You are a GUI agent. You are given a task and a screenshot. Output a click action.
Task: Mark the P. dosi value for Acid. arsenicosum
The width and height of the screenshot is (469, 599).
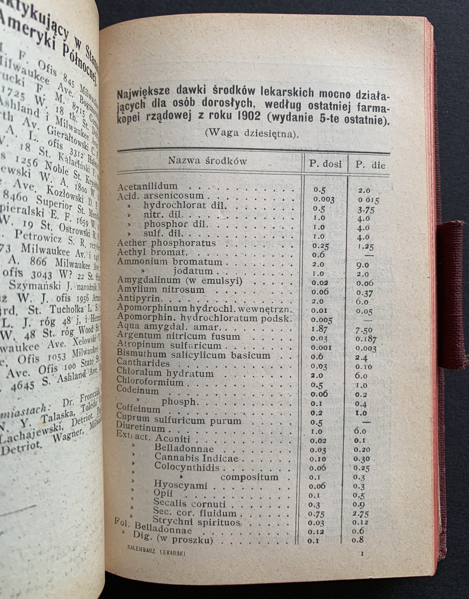324,199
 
